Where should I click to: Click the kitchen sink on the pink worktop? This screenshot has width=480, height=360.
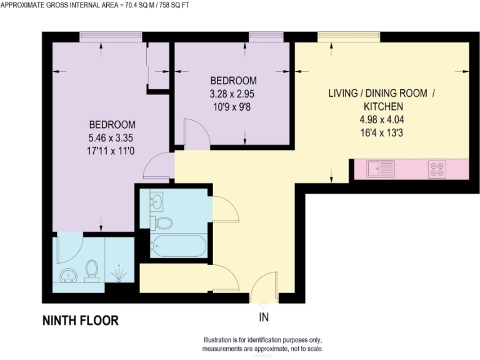click(x=381, y=169)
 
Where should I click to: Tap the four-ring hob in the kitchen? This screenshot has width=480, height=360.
click(x=436, y=169)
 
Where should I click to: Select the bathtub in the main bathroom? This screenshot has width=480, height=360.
click(x=178, y=246)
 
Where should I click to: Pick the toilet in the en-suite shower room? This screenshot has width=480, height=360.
click(x=92, y=270)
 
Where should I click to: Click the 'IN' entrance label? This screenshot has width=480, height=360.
click(x=264, y=317)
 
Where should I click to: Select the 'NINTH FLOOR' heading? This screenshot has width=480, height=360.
click(x=80, y=321)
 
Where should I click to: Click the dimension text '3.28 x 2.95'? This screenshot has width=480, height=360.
click(x=232, y=94)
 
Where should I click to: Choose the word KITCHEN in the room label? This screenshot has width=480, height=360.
click(x=381, y=106)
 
